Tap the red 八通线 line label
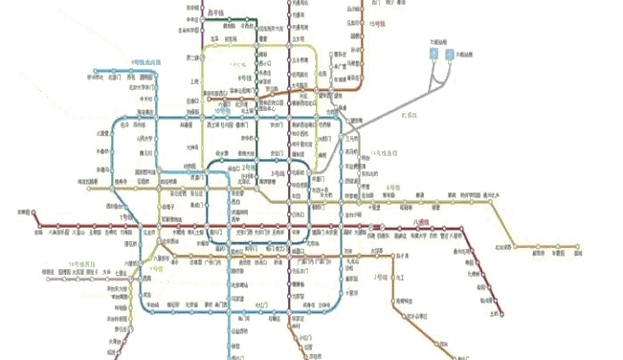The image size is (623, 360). [422, 221]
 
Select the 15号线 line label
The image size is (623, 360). [379, 20]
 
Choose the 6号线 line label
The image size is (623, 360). [390, 187]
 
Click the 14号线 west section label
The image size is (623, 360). [79, 261]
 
